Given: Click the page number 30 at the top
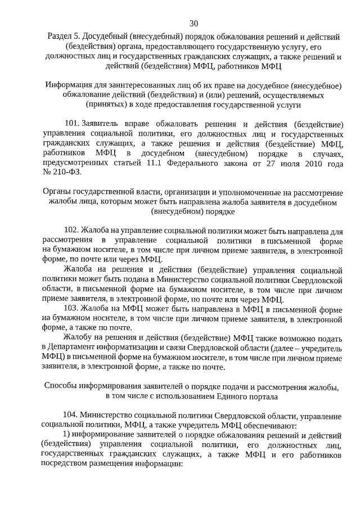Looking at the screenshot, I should [x=193, y=23].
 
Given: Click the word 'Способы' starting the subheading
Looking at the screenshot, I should [x=60, y=386].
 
